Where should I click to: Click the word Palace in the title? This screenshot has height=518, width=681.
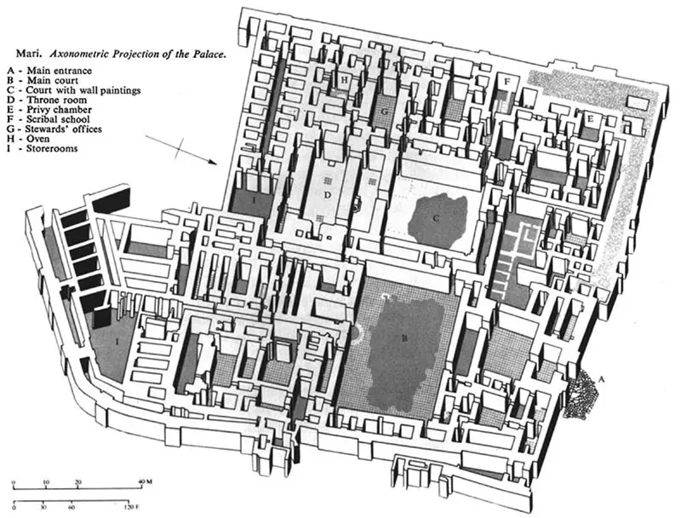pos(210,55)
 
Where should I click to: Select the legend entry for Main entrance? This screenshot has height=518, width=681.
pos(49,71)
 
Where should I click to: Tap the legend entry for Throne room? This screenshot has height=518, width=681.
pos(47,100)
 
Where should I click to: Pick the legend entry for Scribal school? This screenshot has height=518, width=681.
pos(49,119)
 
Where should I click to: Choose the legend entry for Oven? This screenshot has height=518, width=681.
pos(28,139)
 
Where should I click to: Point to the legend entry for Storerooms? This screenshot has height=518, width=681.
pos(42,148)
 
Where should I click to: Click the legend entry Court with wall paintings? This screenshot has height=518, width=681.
pos(74,90)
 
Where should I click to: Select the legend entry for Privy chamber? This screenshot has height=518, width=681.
pos(49,110)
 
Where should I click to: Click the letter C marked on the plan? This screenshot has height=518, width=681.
pos(436,218)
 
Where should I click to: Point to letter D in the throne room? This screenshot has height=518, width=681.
pos(328,195)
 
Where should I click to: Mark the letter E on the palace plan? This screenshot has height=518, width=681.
pos(589,119)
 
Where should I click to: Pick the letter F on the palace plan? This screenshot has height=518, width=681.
pos(506,81)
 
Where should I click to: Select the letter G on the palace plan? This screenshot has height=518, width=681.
pos(385,112)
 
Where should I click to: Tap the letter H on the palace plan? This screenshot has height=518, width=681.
pos(345,79)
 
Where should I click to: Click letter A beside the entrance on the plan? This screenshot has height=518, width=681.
pos(602,379)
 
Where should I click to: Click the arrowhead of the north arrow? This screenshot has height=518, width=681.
pos(213,163)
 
